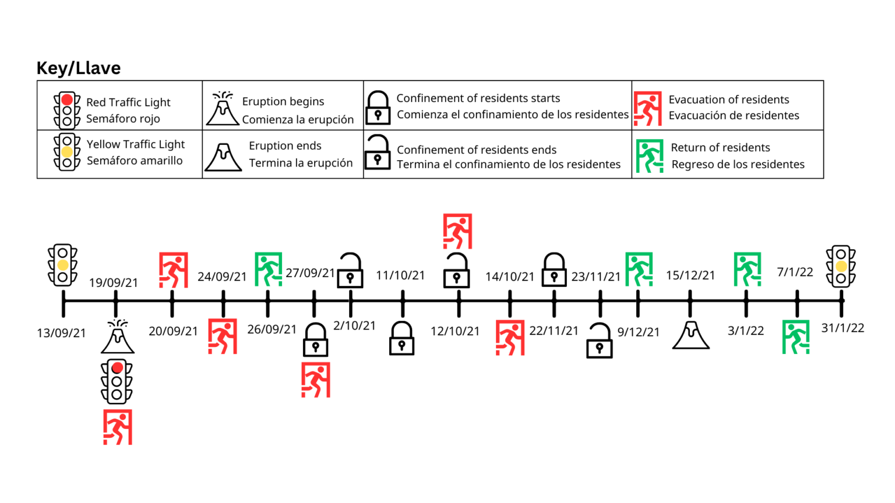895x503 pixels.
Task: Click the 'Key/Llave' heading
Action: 79,68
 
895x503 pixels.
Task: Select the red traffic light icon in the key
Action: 67,109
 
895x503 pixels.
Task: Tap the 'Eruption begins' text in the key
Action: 283,101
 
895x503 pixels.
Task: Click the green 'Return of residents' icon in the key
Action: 649,156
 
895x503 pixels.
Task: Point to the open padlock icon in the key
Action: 378,153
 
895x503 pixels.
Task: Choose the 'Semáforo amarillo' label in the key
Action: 135,161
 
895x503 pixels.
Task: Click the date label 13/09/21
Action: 61,333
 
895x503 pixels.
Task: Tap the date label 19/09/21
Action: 114,283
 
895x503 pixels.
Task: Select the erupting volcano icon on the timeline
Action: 118,336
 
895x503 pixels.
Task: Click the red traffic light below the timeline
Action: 117,381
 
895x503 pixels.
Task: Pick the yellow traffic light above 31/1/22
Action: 841,266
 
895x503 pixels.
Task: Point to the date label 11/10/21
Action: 400,275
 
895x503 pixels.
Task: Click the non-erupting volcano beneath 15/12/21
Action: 690,335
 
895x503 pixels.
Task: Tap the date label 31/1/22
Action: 843,328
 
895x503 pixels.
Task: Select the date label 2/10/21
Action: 354,325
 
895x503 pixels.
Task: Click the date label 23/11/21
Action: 596,277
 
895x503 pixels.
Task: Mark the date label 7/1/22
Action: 795,272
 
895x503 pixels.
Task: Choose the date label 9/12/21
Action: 639,332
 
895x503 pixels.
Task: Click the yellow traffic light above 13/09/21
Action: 62,265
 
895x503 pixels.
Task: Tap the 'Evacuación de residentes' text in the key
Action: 734,115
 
